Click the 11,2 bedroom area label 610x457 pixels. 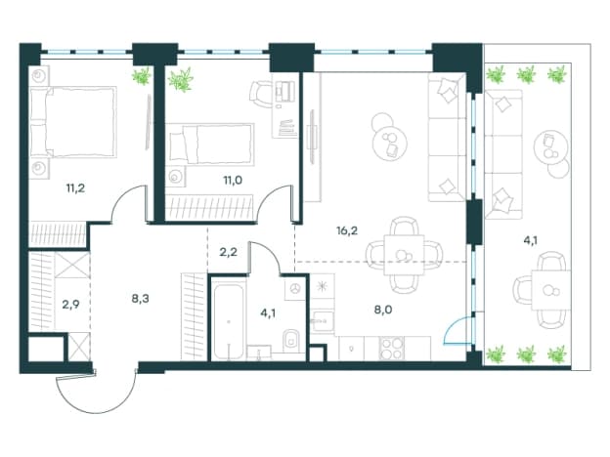click(x=75, y=188)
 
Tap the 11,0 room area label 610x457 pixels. click(x=233, y=180)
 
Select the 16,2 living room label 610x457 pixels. click(x=347, y=230)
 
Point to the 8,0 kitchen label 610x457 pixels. click(x=383, y=310)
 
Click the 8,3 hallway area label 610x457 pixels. click(x=140, y=299)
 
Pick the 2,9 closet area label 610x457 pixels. click(x=70, y=304)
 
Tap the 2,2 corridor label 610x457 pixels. click(x=229, y=252)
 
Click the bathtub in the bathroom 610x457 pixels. click(x=229, y=318)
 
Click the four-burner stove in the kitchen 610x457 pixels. click(x=392, y=349)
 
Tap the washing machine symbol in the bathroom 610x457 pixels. click(x=295, y=288)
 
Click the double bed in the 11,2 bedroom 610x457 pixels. click(x=73, y=122)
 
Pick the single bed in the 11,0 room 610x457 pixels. click(x=212, y=144)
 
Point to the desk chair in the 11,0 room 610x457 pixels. click(x=260, y=95)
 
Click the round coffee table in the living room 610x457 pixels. click(x=390, y=142)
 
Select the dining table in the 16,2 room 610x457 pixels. click(x=404, y=255)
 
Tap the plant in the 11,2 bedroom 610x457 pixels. click(x=141, y=76)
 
